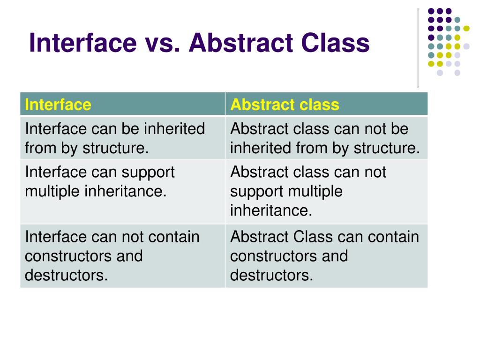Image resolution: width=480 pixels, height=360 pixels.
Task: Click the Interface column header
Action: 58,104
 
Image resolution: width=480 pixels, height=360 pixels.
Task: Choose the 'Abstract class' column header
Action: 285,104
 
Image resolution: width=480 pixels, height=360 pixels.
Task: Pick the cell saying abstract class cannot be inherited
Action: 326,138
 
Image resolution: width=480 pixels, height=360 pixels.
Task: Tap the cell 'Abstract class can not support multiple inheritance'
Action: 326,191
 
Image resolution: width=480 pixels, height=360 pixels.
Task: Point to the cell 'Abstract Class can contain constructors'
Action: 326,256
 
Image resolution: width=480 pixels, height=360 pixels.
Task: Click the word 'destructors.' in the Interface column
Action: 66,275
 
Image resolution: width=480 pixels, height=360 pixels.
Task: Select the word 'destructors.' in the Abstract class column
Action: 271,275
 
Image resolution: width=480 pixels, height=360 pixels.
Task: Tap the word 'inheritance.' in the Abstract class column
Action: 271,210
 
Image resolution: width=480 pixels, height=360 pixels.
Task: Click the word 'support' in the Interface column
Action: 148,172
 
